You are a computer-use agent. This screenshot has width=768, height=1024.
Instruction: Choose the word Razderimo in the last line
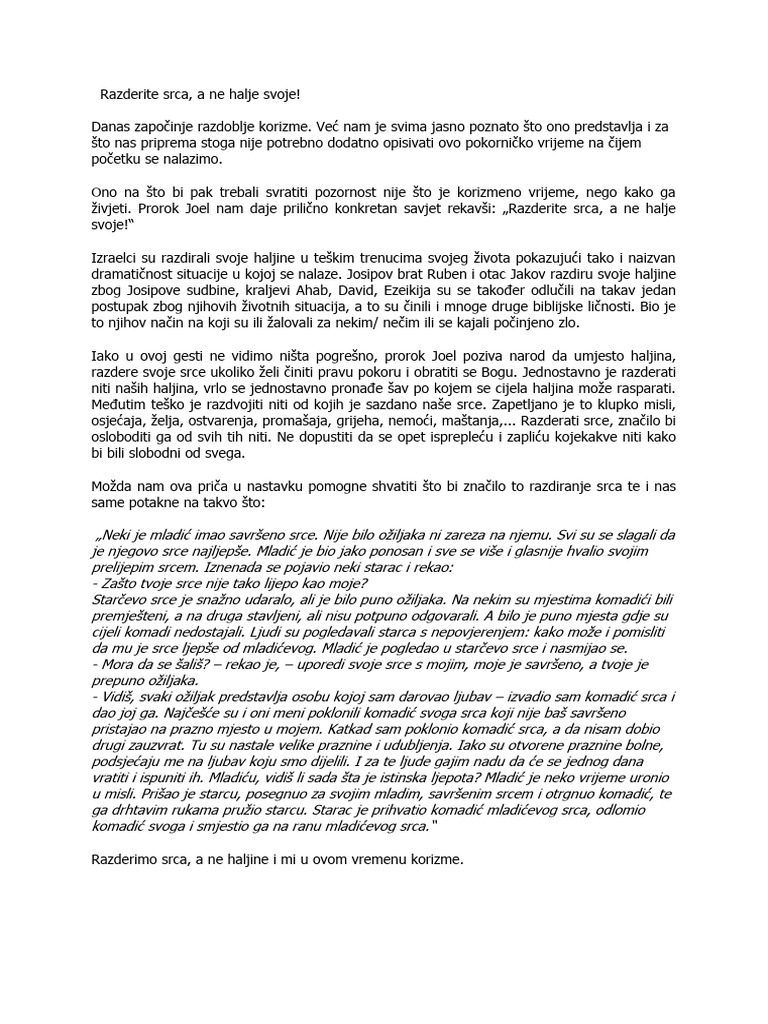(129, 858)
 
